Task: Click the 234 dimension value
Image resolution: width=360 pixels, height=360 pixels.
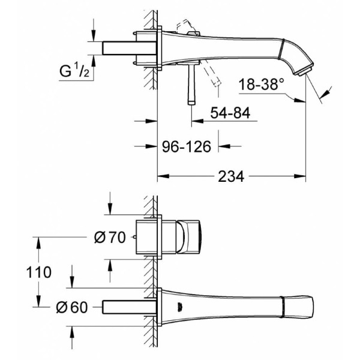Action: tap(231, 176)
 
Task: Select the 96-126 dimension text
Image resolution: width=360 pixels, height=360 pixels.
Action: tap(187, 146)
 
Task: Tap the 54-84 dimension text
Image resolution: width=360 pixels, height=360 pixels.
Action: tap(230, 113)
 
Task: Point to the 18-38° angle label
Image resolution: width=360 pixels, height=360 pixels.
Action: tap(261, 84)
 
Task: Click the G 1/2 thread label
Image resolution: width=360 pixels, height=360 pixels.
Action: tap(74, 71)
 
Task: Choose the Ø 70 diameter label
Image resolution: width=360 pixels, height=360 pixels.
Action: tap(110, 237)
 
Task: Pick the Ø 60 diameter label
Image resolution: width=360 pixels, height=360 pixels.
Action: tap(72, 307)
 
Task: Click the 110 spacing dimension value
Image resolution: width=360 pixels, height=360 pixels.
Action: tap(39, 272)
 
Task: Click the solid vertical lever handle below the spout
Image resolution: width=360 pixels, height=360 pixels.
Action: tap(191, 84)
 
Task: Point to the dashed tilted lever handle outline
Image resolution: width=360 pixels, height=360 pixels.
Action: tap(211, 72)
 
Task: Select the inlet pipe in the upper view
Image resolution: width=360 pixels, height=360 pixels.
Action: tap(129, 48)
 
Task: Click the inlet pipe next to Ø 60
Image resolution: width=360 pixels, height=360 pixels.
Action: tap(129, 307)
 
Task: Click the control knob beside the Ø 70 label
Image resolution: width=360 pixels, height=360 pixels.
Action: tap(190, 237)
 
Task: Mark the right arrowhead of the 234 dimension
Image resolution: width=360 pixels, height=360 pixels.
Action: tap(300, 176)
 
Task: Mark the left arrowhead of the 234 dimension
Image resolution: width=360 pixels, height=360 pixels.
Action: tap(163, 176)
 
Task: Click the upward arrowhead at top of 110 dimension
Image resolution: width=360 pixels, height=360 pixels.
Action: tap(38, 242)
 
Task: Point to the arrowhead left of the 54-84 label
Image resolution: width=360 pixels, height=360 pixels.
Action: tap(197, 121)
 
